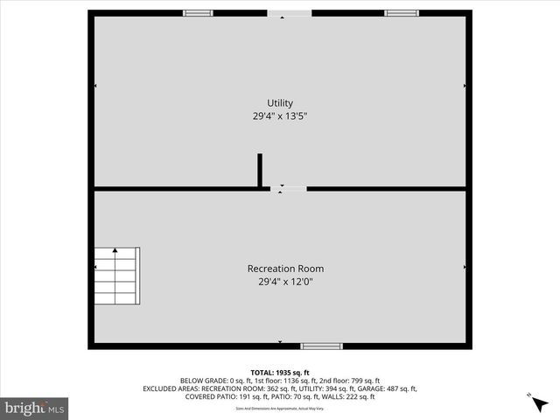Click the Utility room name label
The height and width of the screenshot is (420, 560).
(x=280, y=103)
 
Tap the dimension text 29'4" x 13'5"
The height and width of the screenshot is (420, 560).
(x=280, y=115)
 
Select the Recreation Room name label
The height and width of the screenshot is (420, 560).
(x=279, y=269)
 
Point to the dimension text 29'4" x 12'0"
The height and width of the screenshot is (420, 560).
(x=279, y=282)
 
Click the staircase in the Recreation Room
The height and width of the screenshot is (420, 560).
(x=117, y=275)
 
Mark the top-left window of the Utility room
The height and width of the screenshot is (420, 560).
(x=198, y=13)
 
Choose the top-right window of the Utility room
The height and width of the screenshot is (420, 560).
(x=401, y=13)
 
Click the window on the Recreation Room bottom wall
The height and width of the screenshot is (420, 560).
(x=321, y=346)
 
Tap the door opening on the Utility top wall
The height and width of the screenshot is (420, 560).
(x=289, y=13)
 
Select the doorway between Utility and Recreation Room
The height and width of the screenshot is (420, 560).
(x=289, y=188)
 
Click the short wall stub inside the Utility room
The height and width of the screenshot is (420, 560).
(x=260, y=170)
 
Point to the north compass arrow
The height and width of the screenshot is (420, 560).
(x=535, y=401)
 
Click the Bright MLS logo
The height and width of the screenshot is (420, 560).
(x=35, y=408)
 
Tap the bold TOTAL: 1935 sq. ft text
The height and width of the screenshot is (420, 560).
(x=280, y=372)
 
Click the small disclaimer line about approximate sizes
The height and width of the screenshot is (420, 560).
(x=280, y=408)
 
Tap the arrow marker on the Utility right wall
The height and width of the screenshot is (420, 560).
(x=465, y=86)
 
